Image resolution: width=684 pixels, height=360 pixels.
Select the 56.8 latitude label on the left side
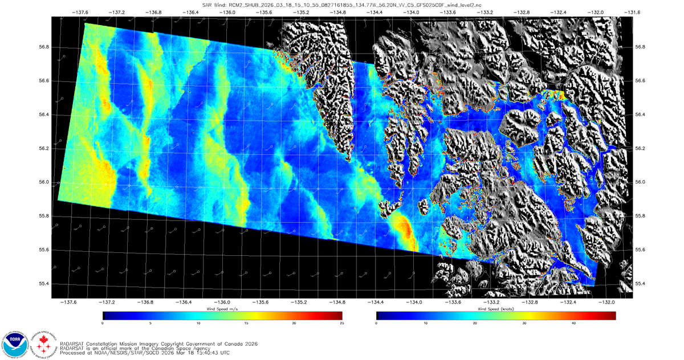(43, 47)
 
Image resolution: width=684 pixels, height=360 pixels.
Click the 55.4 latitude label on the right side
(641, 284)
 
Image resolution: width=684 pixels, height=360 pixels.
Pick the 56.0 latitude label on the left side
(43, 182)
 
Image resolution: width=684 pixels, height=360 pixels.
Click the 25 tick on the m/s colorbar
(341, 323)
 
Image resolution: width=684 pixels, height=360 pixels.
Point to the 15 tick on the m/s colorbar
(246, 323)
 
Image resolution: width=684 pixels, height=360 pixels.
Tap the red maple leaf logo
(42, 343)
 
